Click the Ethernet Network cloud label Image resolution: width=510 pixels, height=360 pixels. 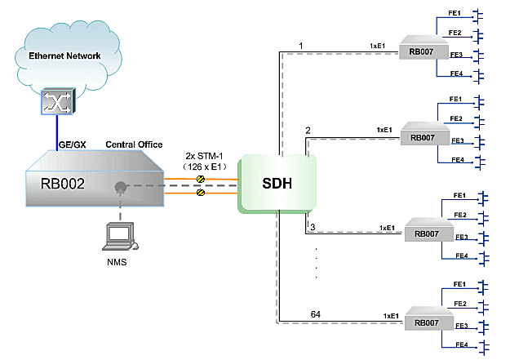click(64, 56)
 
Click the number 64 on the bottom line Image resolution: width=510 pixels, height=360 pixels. click(314, 313)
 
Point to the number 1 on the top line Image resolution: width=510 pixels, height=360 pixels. click(301, 44)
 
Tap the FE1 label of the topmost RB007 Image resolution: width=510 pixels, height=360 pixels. click(455, 14)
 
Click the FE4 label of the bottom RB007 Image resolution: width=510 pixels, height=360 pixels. click(459, 344)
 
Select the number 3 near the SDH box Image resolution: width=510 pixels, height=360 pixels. click(311, 226)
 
